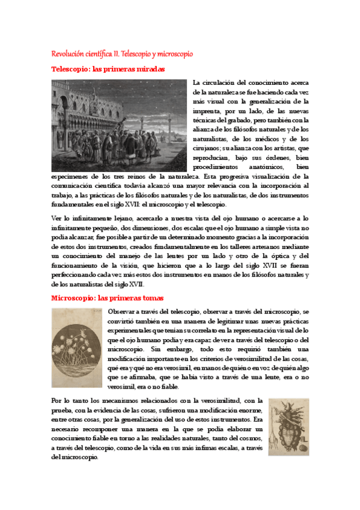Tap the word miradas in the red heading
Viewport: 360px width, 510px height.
click(x=147, y=69)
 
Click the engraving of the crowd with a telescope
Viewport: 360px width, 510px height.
click(x=119, y=125)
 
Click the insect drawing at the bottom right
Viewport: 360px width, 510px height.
click(x=289, y=427)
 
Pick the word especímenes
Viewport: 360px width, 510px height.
click(x=70, y=176)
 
